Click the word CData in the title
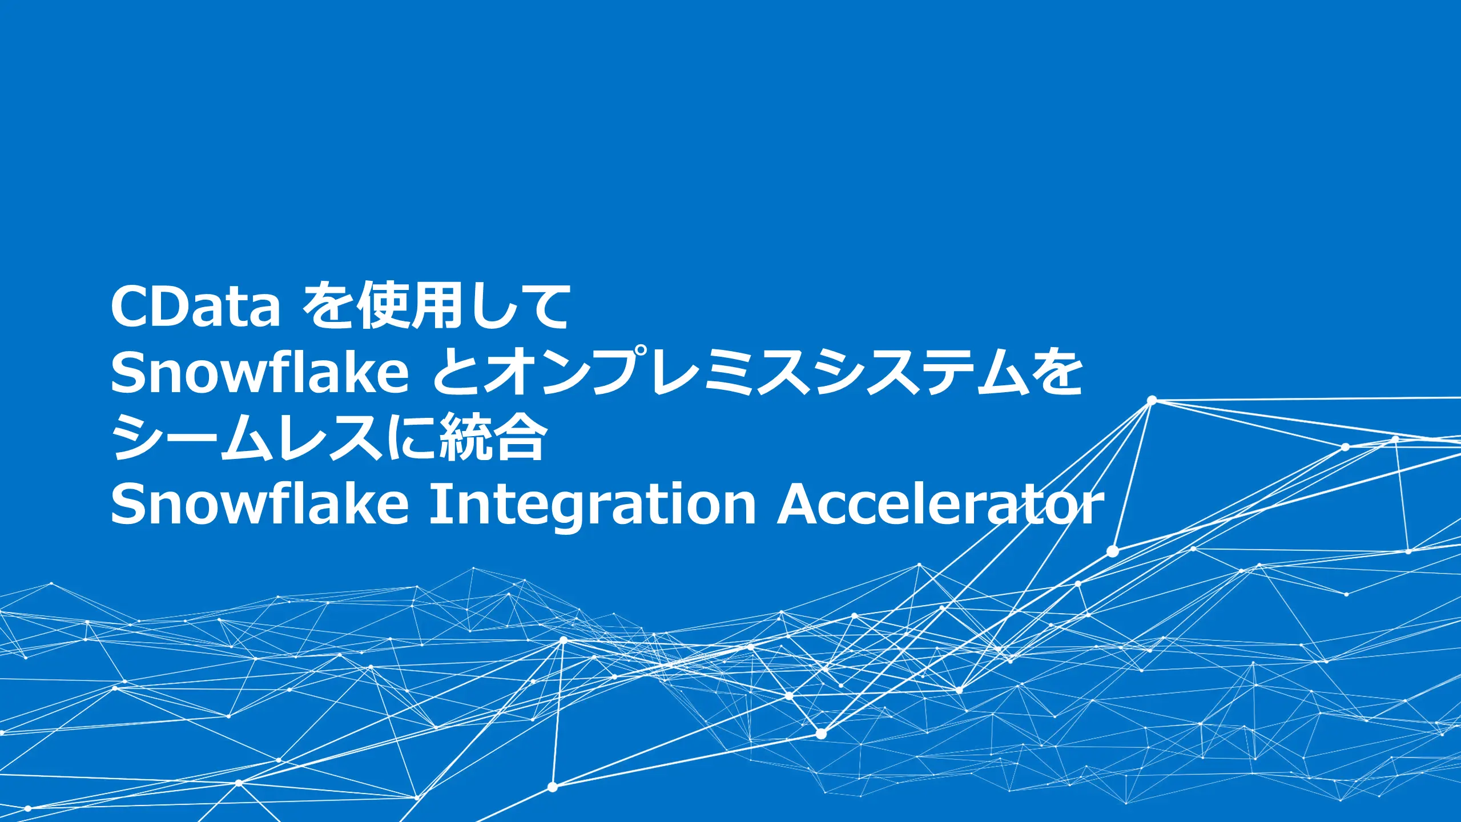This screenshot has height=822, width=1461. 195,307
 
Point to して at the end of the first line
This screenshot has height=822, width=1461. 520,307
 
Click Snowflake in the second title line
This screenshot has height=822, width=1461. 260,372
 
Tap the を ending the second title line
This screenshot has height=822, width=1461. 1057,372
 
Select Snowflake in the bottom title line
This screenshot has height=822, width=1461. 260,503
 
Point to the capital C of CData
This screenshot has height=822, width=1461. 130,307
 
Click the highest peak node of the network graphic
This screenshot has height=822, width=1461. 1152,400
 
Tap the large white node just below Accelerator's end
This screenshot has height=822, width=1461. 1112,551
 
